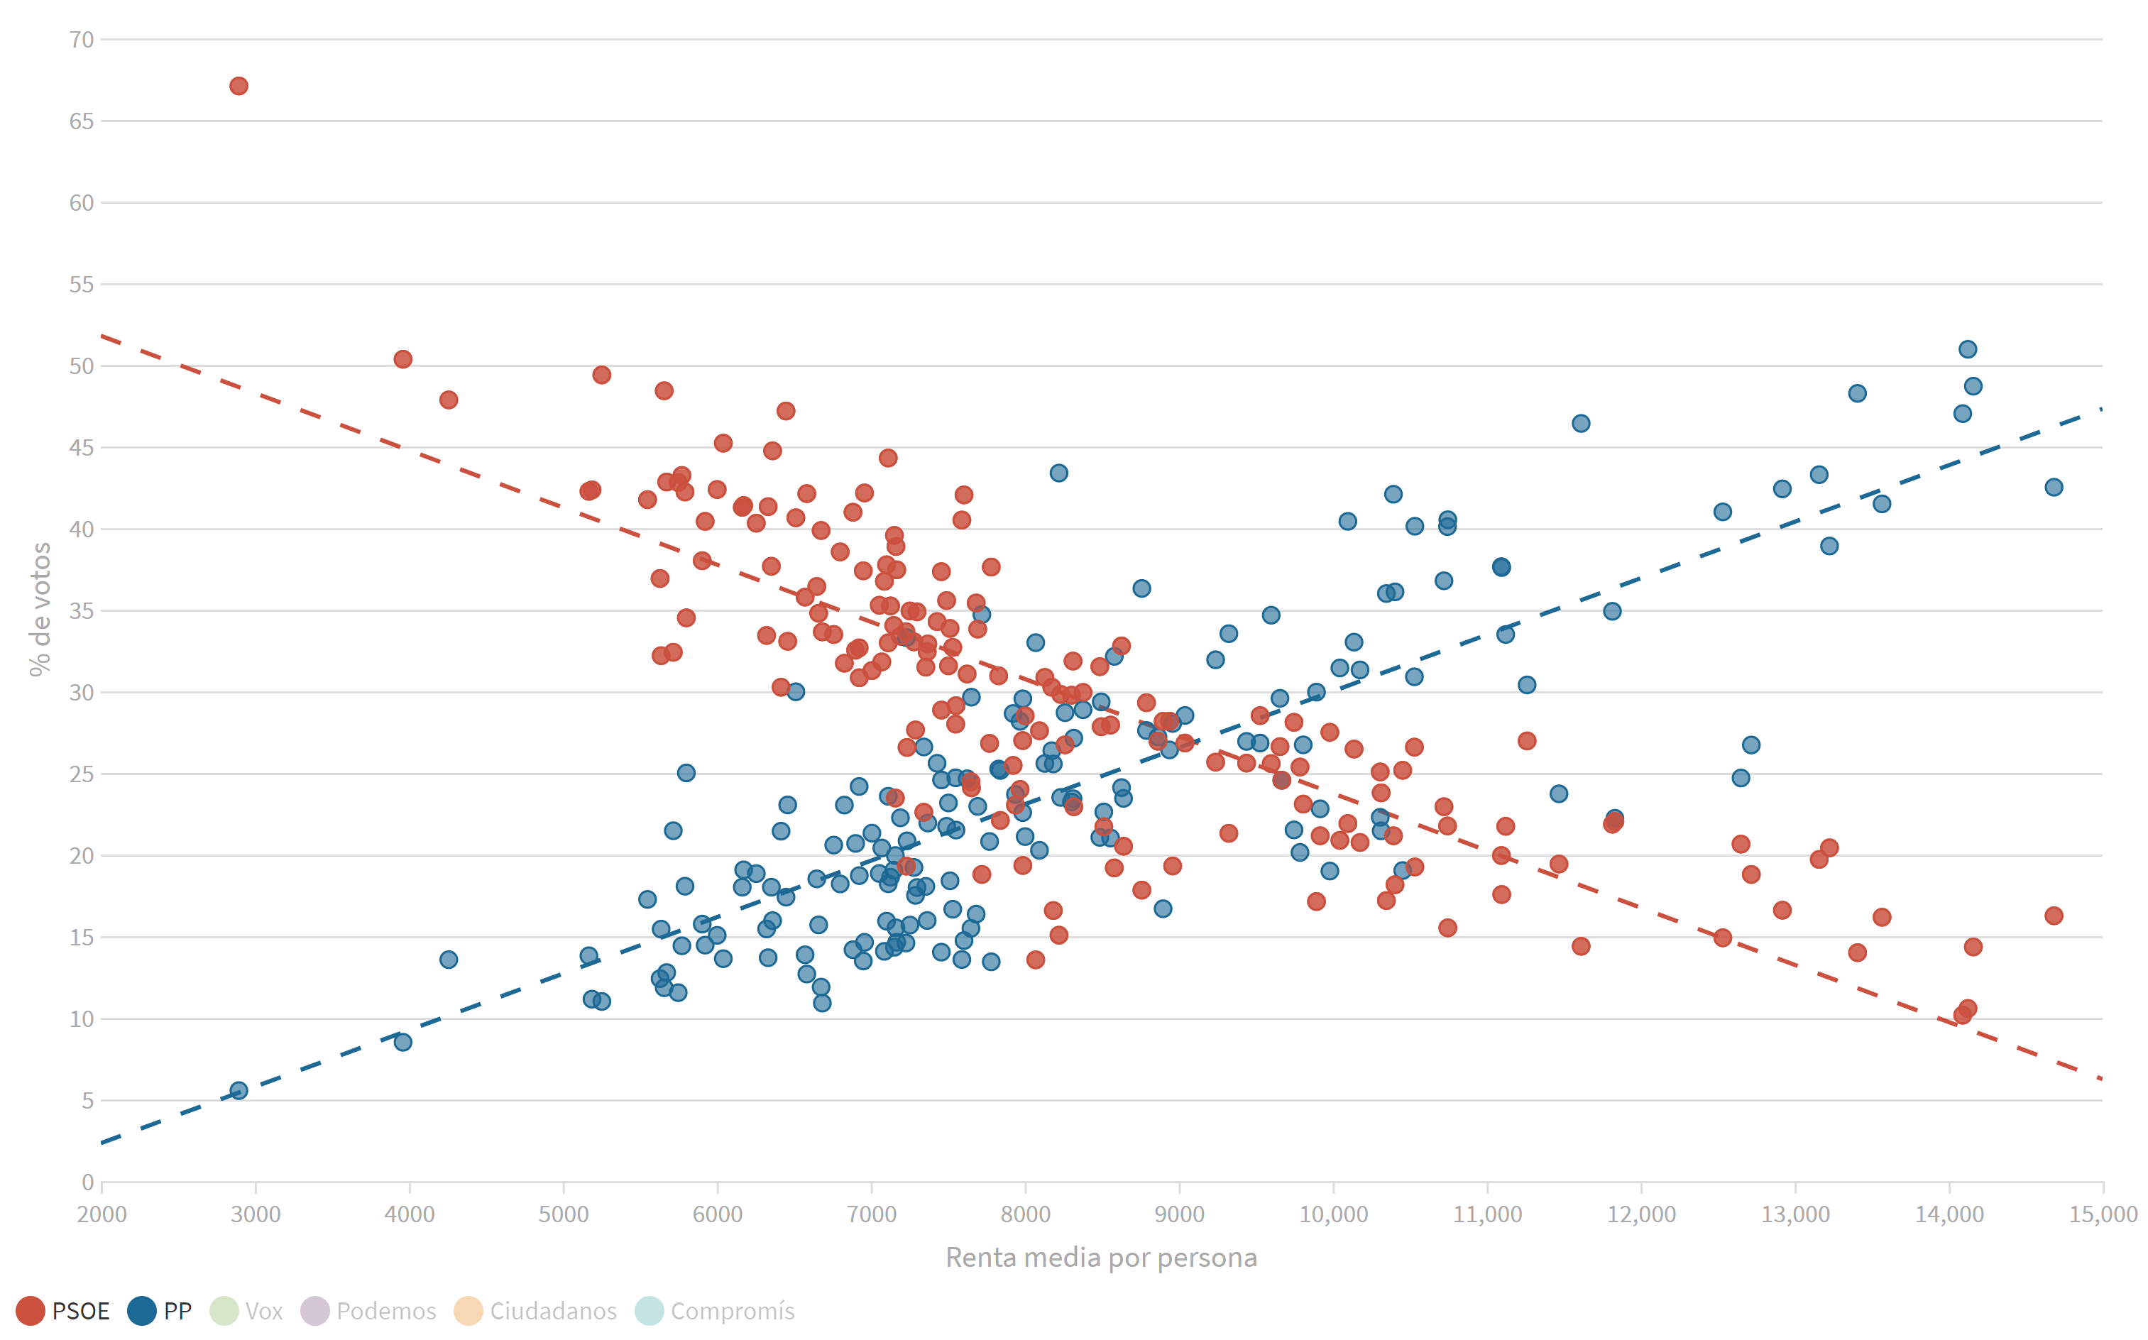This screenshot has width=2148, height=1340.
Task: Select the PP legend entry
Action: (160, 1311)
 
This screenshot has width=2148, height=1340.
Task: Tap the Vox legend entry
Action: (247, 1311)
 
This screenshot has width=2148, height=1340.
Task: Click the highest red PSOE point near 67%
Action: (239, 86)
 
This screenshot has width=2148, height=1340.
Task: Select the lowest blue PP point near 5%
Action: (239, 1090)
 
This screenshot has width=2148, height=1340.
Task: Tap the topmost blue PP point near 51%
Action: (1967, 349)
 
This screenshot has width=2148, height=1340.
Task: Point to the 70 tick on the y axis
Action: (82, 40)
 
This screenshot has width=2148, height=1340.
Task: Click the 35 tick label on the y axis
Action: (82, 610)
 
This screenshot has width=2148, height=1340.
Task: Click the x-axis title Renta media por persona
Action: (1102, 1258)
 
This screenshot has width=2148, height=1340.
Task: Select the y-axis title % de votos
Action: (40, 610)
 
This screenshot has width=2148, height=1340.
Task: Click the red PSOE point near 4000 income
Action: (403, 359)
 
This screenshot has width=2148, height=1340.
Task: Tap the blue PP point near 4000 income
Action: (403, 1041)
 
